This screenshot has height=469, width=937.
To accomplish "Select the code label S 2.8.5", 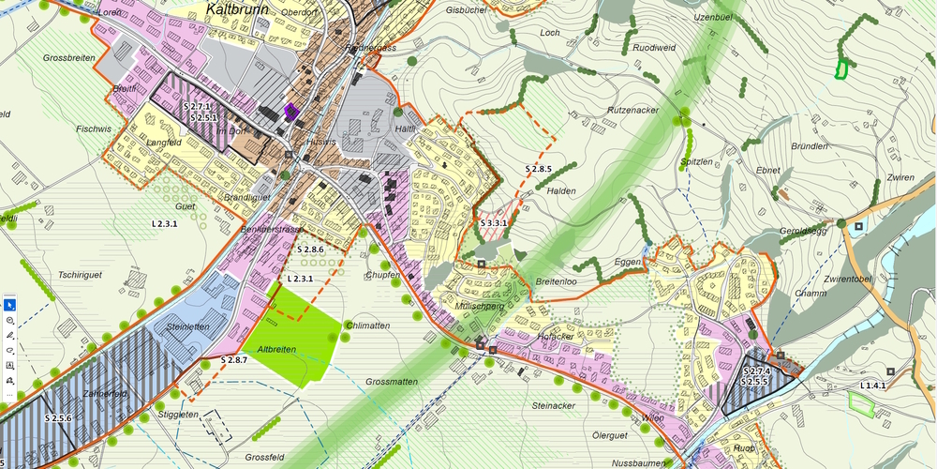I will [538, 169].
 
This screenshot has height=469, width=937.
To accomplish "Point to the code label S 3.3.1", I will [493, 223].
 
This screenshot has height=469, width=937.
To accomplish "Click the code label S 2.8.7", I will [234, 360].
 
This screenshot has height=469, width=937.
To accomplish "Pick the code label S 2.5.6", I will [59, 417].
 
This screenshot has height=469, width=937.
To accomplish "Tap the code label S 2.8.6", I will [310, 250].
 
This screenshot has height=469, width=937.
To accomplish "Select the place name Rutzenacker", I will [633, 110].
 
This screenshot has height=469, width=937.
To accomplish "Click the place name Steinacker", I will [553, 406].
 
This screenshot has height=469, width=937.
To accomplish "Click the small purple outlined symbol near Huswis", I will [290, 111].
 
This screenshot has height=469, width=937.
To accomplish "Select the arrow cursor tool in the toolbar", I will [9, 305].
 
